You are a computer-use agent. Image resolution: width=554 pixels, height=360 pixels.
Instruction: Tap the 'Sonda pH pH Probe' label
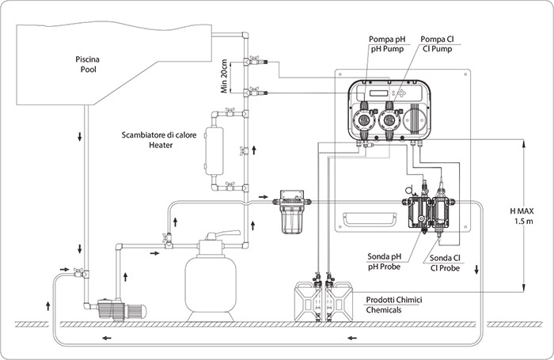point(385,262)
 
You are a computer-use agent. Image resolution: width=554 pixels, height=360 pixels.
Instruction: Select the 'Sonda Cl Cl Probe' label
point(444,262)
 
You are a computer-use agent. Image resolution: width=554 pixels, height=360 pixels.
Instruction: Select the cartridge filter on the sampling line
point(292,212)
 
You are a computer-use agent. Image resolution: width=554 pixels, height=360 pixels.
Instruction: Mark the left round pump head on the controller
point(363,122)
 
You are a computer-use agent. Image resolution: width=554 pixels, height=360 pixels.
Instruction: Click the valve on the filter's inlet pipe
point(169,239)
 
